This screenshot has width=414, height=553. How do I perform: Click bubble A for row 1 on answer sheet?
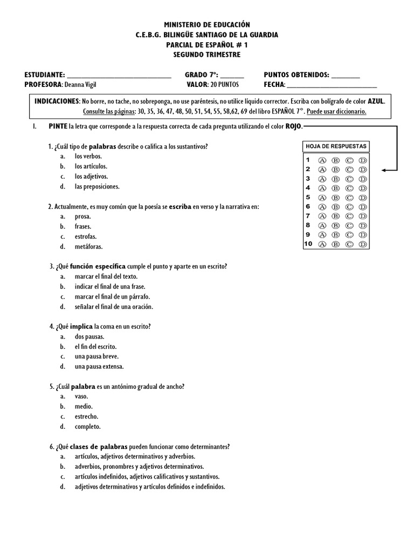pyautogui.click(x=322, y=160)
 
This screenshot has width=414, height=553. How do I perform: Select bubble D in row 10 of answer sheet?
pyautogui.click(x=363, y=244)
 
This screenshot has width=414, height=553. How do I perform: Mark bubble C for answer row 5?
pyautogui.click(x=349, y=198)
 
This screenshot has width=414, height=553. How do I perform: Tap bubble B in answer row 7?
pyautogui.click(x=335, y=216)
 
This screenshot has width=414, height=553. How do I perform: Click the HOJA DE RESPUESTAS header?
pyautogui.click(x=336, y=146)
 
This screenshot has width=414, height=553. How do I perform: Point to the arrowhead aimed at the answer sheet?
pyautogui.click(x=384, y=170)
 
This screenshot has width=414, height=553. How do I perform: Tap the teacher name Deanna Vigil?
pyautogui.click(x=84, y=85)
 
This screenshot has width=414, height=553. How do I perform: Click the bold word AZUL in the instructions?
pyautogui.click(x=376, y=102)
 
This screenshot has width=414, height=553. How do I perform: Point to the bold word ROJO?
pyautogui.click(x=294, y=126)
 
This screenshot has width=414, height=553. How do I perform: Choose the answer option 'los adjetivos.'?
pyautogui.click(x=91, y=177)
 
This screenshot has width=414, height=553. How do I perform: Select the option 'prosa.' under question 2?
pyautogui.click(x=83, y=217)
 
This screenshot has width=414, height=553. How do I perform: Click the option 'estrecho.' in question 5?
pyautogui.click(x=87, y=416)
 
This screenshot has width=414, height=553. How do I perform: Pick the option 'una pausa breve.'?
pyautogui.click(x=96, y=356)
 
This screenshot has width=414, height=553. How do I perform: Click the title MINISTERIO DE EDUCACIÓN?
pyautogui.click(x=207, y=25)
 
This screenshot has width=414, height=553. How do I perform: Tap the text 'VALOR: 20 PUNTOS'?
pyautogui.click(x=212, y=85)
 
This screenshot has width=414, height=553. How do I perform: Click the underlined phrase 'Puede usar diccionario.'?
pyautogui.click(x=336, y=112)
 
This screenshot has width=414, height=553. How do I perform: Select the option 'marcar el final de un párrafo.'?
pyautogui.click(x=112, y=296)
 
